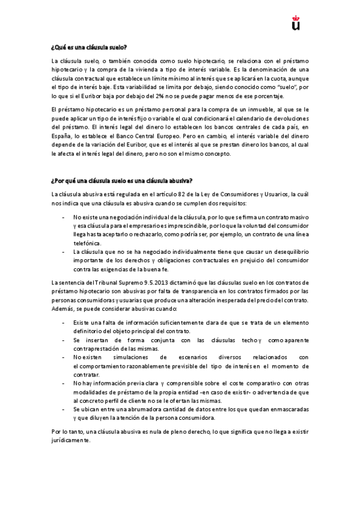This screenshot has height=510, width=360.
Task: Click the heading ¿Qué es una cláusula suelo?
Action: click(x=89, y=46)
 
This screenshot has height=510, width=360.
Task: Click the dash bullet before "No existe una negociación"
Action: click(x=64, y=215)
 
